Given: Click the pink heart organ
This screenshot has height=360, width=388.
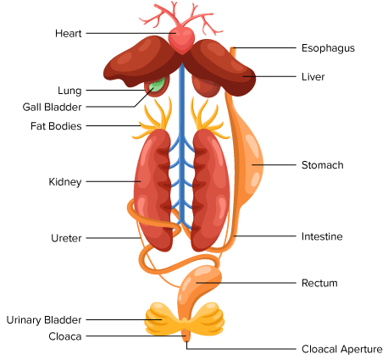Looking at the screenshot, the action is pyautogui.click(x=181, y=40).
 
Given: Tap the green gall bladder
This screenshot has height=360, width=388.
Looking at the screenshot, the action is pyautogui.click(x=157, y=85).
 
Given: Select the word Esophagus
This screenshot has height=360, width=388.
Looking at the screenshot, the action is pyautogui.click(x=328, y=48).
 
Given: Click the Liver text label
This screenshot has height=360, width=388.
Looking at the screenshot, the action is pyautogui.click(x=313, y=77).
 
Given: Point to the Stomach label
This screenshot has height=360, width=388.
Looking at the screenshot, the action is pyautogui.click(x=322, y=165).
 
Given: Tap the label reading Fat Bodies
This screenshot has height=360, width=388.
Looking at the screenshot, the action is pyautogui.click(x=56, y=126).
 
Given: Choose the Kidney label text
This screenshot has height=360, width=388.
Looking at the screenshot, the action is pyautogui.click(x=65, y=182).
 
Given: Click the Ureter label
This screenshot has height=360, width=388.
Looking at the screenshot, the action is pyautogui.click(x=66, y=238).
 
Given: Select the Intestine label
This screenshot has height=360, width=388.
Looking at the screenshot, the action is pyautogui.click(x=322, y=236).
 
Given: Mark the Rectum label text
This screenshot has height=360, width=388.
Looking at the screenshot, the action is pyautogui.click(x=319, y=283).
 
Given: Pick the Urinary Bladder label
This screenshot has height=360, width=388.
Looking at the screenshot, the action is pyautogui.click(x=44, y=320).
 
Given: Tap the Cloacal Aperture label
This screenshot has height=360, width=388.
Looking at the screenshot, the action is pyautogui.click(x=341, y=349).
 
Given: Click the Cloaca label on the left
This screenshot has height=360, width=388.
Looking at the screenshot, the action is pyautogui.click(x=65, y=336).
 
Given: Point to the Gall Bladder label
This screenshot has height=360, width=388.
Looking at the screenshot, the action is pyautogui.click(x=52, y=107).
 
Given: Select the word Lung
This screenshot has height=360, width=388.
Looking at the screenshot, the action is pyautogui.click(x=69, y=91).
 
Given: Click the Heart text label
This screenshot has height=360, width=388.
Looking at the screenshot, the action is pyautogui.click(x=69, y=33).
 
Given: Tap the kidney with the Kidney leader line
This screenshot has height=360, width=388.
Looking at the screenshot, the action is pyautogui.click(x=152, y=190).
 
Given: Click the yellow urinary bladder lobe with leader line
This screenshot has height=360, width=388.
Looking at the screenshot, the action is pyautogui.click(x=159, y=318).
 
